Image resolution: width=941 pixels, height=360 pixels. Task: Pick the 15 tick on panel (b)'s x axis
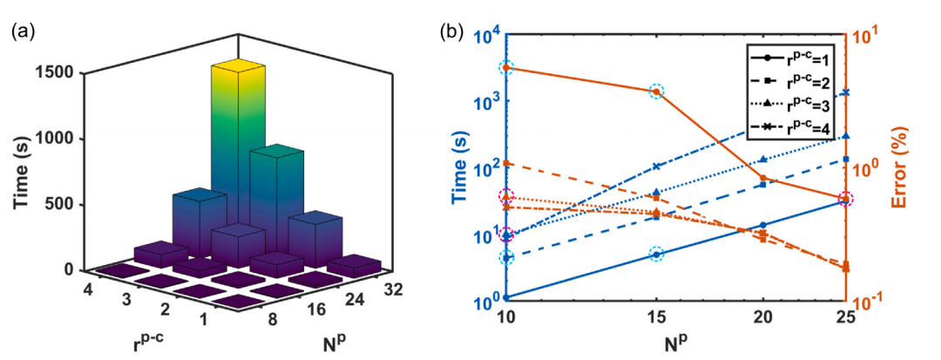coord(656,316)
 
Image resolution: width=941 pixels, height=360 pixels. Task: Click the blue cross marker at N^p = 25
coord(843,92)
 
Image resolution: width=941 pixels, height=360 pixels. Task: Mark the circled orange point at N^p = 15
coord(656,91)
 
